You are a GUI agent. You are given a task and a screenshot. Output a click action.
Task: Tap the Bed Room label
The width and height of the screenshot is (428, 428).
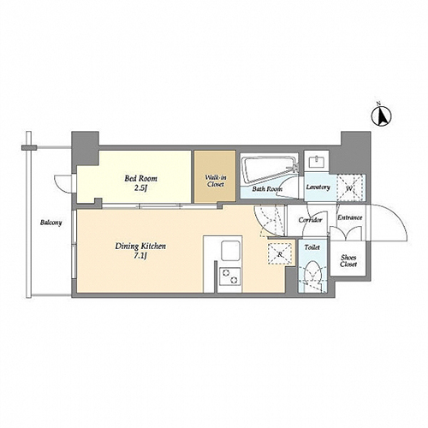coord(140,179)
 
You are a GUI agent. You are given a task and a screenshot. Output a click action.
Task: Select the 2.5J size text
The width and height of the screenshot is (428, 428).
coord(140,188)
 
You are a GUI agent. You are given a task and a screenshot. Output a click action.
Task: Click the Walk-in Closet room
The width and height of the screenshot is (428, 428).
coord(215,176)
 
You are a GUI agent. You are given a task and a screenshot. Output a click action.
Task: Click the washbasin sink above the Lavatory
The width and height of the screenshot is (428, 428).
coord(316,162)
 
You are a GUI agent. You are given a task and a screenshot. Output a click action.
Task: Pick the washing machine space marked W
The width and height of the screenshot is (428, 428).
coord(351,188)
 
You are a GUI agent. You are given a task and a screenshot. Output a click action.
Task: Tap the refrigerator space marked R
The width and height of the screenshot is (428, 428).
coord(280,254)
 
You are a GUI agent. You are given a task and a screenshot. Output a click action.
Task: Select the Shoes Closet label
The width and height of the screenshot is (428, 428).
coord(348,261)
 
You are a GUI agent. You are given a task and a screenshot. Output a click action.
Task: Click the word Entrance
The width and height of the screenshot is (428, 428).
coord(350,217)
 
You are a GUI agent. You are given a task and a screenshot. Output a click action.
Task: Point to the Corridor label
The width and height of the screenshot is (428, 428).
coord(311,220)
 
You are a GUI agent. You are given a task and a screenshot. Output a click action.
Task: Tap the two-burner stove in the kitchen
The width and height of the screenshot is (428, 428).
coord(229,276)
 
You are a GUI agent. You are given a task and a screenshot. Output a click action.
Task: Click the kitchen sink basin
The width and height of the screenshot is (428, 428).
coord(230,251)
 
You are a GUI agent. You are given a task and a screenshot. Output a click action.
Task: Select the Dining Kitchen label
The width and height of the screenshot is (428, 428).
coord(140,247)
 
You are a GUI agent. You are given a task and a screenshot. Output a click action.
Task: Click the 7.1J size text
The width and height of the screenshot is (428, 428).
coord(140,256)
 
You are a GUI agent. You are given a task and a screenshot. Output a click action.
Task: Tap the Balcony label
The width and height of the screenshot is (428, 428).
coord(51,223)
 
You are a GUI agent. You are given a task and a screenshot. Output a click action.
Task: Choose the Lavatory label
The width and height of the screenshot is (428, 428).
coord(318,187)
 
